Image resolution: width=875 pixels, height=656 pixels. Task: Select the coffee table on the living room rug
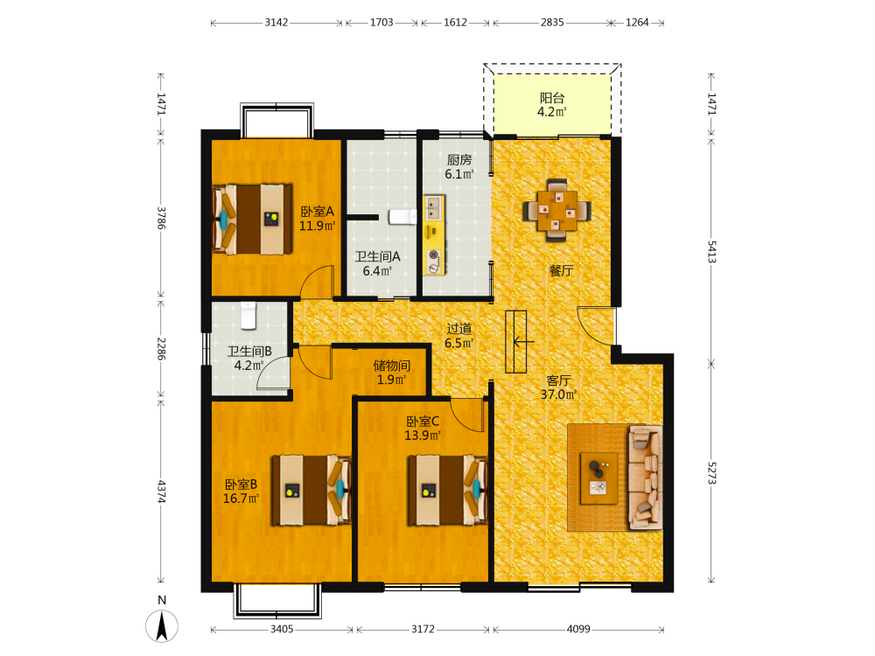click(x=598, y=478)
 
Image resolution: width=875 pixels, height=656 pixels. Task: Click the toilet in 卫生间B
click(x=248, y=316)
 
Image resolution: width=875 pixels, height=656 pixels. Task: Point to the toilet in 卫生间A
click(x=402, y=216)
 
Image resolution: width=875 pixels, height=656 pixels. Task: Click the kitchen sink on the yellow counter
click(x=433, y=209)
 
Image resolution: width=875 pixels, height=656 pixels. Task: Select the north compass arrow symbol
click(x=162, y=626)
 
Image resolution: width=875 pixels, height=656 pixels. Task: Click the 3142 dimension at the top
click(x=276, y=23)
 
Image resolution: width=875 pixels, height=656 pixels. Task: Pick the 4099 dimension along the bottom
click(x=578, y=629)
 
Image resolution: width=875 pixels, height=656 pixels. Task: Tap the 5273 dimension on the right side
click(x=711, y=473)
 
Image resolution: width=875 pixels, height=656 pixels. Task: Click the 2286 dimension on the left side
click(x=161, y=349)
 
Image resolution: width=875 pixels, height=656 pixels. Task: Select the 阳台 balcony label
click(x=552, y=98)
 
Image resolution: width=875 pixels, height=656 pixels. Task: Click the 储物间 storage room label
click(x=392, y=366)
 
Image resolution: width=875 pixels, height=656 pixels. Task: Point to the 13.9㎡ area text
click(x=423, y=435)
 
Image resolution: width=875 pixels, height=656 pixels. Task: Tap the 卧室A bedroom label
click(x=317, y=212)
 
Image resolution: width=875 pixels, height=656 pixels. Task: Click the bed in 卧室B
click(x=311, y=491)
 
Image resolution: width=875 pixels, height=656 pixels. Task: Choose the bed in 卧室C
click(x=447, y=491)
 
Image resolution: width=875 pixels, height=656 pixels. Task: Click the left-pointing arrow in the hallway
click(x=523, y=341)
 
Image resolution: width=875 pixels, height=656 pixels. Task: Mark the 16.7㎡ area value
click(x=241, y=499)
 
